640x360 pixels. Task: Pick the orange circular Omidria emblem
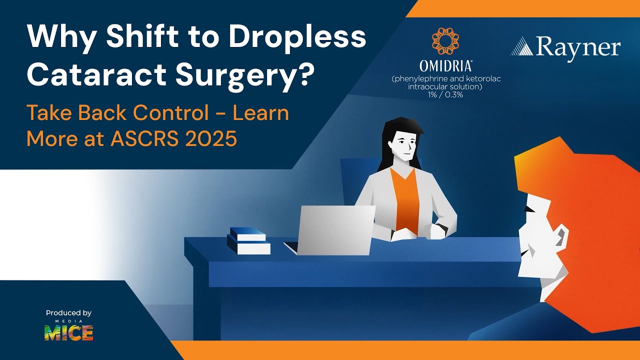pyautogui.click(x=445, y=41)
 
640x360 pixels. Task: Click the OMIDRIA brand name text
pyautogui.click(x=445, y=65)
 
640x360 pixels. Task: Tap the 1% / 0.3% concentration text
pyautogui.click(x=445, y=94)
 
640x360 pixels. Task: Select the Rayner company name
pyautogui.click(x=577, y=48)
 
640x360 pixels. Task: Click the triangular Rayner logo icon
pyautogui.click(x=521, y=46)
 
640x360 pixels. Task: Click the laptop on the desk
pyautogui.click(x=332, y=230)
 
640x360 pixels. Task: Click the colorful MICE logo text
pyautogui.click(x=68, y=332)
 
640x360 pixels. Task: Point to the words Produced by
pyautogui.click(x=68, y=313)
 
